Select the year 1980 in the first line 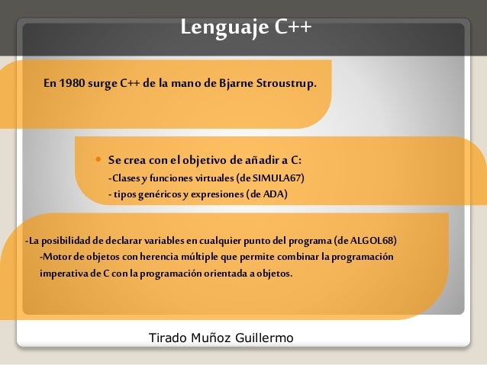(x=72, y=82)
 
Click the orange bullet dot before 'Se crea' (x=98, y=160)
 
